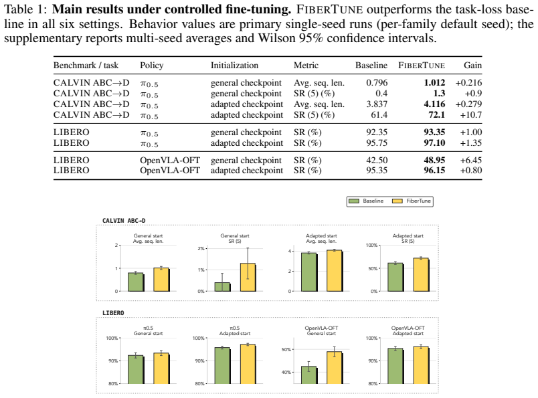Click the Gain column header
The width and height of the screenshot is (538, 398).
(x=472, y=65)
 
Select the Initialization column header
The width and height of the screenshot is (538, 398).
(x=234, y=65)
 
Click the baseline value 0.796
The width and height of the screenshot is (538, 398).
(x=377, y=83)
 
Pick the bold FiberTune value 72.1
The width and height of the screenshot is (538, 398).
(x=436, y=114)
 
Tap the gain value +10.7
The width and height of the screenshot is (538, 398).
(x=471, y=114)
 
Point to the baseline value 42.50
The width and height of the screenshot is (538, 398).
(x=377, y=161)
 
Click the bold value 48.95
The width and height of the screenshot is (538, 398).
(x=434, y=161)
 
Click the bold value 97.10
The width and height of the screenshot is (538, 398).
(x=434, y=142)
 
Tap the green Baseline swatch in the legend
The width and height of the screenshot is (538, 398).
(x=354, y=201)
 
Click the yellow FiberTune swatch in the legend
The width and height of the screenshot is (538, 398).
(x=397, y=201)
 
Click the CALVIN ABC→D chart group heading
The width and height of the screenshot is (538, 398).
(x=124, y=221)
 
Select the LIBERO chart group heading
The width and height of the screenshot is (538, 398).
(x=113, y=313)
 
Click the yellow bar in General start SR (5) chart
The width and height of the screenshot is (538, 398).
(x=248, y=277)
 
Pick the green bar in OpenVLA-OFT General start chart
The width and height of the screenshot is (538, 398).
(x=309, y=375)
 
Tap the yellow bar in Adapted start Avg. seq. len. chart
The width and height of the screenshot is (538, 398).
(x=335, y=271)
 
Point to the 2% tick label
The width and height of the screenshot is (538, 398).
(x=201, y=248)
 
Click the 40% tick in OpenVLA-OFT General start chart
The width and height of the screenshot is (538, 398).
(x=286, y=373)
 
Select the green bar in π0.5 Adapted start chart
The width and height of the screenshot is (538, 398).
(x=223, y=366)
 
